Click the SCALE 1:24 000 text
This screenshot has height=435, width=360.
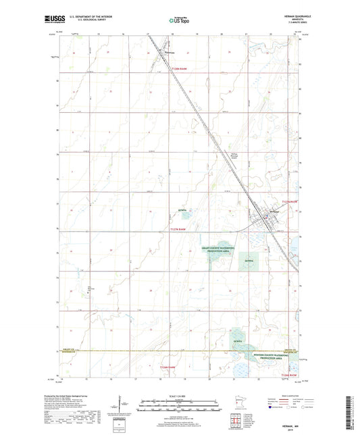180,394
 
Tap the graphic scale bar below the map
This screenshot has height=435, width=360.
180,403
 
